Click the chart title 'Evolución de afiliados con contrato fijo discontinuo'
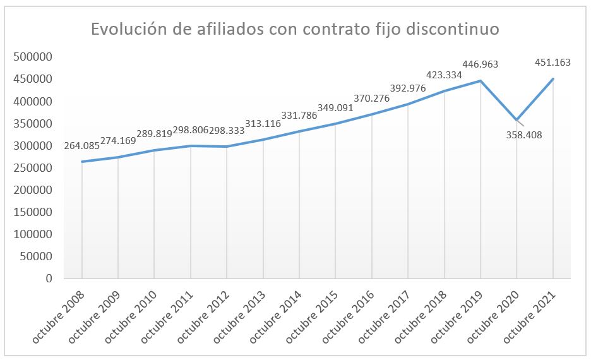295,30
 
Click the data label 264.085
82,147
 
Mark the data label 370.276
372,98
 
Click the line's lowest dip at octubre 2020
517,119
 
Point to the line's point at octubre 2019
481,80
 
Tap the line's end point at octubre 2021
553,79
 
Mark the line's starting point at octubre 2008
82,162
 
